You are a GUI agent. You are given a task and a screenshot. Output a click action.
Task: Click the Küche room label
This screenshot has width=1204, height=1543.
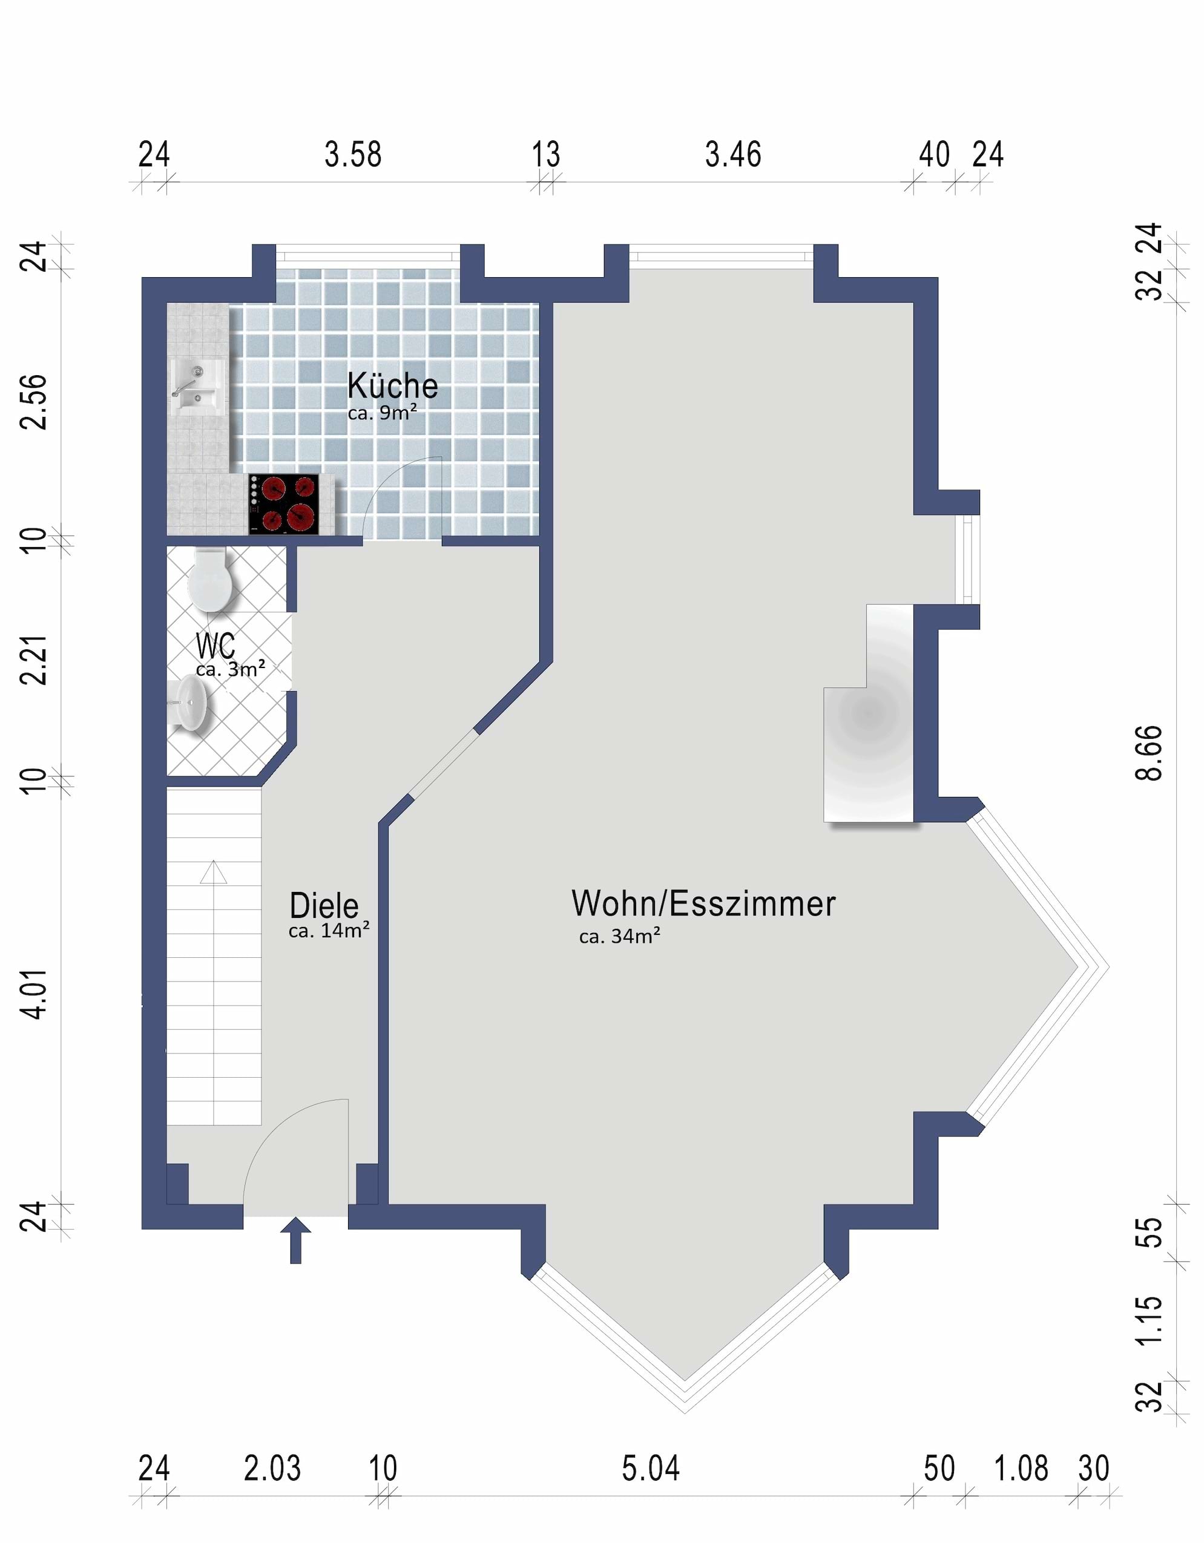point(392,386)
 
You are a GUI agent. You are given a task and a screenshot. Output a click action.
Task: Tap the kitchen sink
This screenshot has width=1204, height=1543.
point(197,388)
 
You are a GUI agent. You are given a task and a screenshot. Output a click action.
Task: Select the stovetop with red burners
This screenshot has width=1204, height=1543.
point(283,503)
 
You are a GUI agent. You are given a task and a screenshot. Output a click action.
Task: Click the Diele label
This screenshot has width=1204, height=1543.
point(324,905)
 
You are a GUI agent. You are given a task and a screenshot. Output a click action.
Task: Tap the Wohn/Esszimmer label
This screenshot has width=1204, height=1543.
point(704,903)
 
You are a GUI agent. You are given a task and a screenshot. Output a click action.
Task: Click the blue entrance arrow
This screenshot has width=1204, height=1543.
point(295,1240)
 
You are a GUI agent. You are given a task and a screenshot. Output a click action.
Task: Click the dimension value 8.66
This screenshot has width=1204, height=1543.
point(1150,753)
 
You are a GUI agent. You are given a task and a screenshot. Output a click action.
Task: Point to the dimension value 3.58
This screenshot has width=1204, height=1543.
point(354,155)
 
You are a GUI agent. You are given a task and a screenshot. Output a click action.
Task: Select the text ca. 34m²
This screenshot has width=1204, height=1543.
point(620,937)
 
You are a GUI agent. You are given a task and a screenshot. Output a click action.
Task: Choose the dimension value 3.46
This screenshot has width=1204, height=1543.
point(734,155)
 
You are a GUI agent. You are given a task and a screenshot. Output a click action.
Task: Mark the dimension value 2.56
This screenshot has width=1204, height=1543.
point(34,402)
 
